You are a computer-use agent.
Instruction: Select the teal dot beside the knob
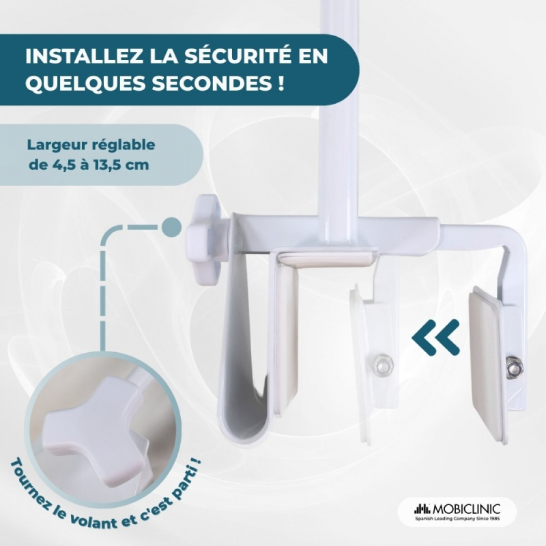pos(172,227)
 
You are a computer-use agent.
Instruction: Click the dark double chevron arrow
pos(436,337)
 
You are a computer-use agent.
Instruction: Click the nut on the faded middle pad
pos(382,364)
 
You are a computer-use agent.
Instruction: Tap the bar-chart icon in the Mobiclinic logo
pos(422,508)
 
